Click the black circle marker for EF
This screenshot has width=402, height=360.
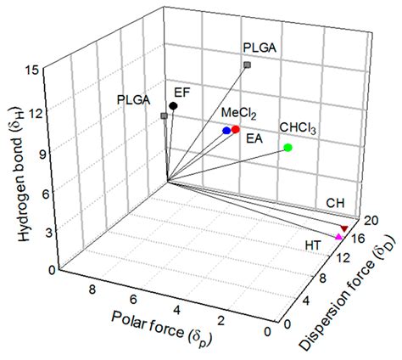(x=173, y=106)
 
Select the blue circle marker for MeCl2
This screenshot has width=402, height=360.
(x=226, y=131)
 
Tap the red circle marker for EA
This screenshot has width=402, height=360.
(x=236, y=129)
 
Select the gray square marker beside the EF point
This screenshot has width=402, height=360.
(x=164, y=115)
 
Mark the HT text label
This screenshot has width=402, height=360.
(x=313, y=245)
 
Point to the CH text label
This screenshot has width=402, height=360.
(x=336, y=203)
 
